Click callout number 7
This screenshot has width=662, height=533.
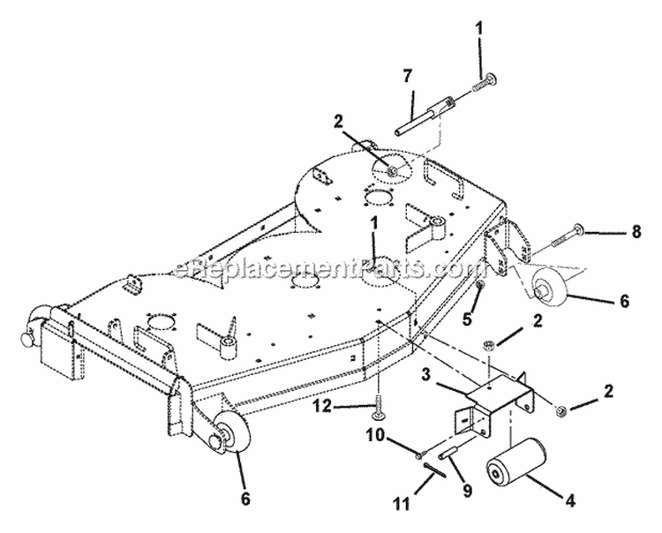[407, 77]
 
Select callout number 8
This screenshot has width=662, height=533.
[636, 231]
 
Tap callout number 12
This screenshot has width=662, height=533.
[322, 407]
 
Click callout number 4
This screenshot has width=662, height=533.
[570, 500]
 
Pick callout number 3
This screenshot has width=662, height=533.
[427, 373]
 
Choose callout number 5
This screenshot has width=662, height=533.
[467, 319]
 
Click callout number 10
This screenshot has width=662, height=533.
[376, 435]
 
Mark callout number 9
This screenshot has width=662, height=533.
[467, 491]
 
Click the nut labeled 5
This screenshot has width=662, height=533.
[480, 285]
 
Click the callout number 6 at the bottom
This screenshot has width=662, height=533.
[245, 499]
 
